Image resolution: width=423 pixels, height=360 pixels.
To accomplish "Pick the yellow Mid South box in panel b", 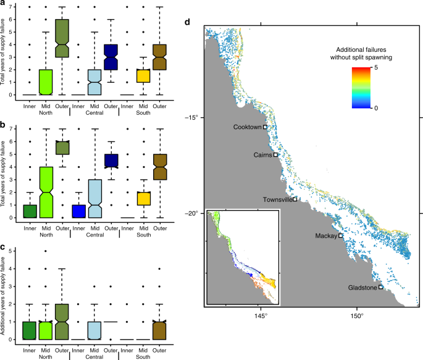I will pyautogui.click(x=143, y=198).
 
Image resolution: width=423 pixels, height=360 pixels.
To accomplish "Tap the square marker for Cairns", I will pyautogui.click(x=275, y=155).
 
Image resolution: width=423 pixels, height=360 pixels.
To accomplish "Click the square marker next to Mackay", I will pyautogui.click(x=340, y=235).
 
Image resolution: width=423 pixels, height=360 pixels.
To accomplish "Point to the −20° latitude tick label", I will pyautogui.click(x=194, y=214).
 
